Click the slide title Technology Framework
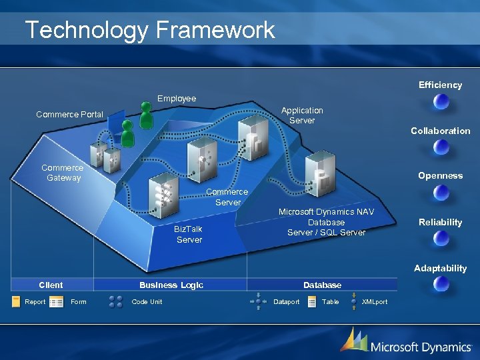tap(149, 30)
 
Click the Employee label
tap(177, 99)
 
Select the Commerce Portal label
tap(69, 115)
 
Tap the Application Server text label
tap(302, 115)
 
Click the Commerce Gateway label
tap(63, 173)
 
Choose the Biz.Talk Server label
tap(189, 234)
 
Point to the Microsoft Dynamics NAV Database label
tap(326, 222)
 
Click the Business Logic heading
tap(171, 285)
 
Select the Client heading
tap(51, 285)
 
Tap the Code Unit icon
tap(115, 302)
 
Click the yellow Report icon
tap(16, 302)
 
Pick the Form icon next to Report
tap(57, 302)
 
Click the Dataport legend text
tap(287, 302)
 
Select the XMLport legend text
tap(374, 302)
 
